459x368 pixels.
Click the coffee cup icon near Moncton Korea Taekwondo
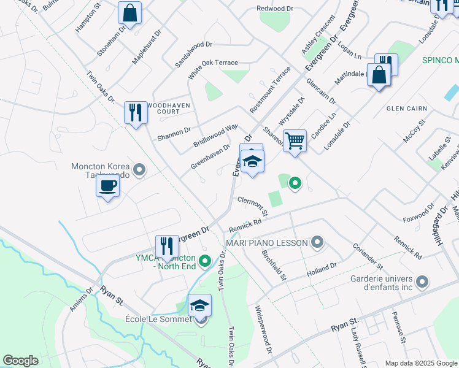(x=108, y=185)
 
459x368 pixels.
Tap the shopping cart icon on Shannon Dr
(x=295, y=140)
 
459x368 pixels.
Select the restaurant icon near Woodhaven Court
(x=136, y=113)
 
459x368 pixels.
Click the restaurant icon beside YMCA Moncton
(x=167, y=247)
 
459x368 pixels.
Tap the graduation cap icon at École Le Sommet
(x=199, y=305)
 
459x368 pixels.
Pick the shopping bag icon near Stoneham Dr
(x=129, y=13)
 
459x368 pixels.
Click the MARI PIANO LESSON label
(x=266, y=243)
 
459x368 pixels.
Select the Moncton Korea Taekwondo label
(x=102, y=171)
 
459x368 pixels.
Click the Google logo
(x=21, y=361)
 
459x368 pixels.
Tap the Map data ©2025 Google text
(x=421, y=363)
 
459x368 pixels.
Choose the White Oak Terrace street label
(x=213, y=67)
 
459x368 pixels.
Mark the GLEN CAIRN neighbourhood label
(x=406, y=109)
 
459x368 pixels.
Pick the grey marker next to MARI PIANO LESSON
(x=317, y=243)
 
